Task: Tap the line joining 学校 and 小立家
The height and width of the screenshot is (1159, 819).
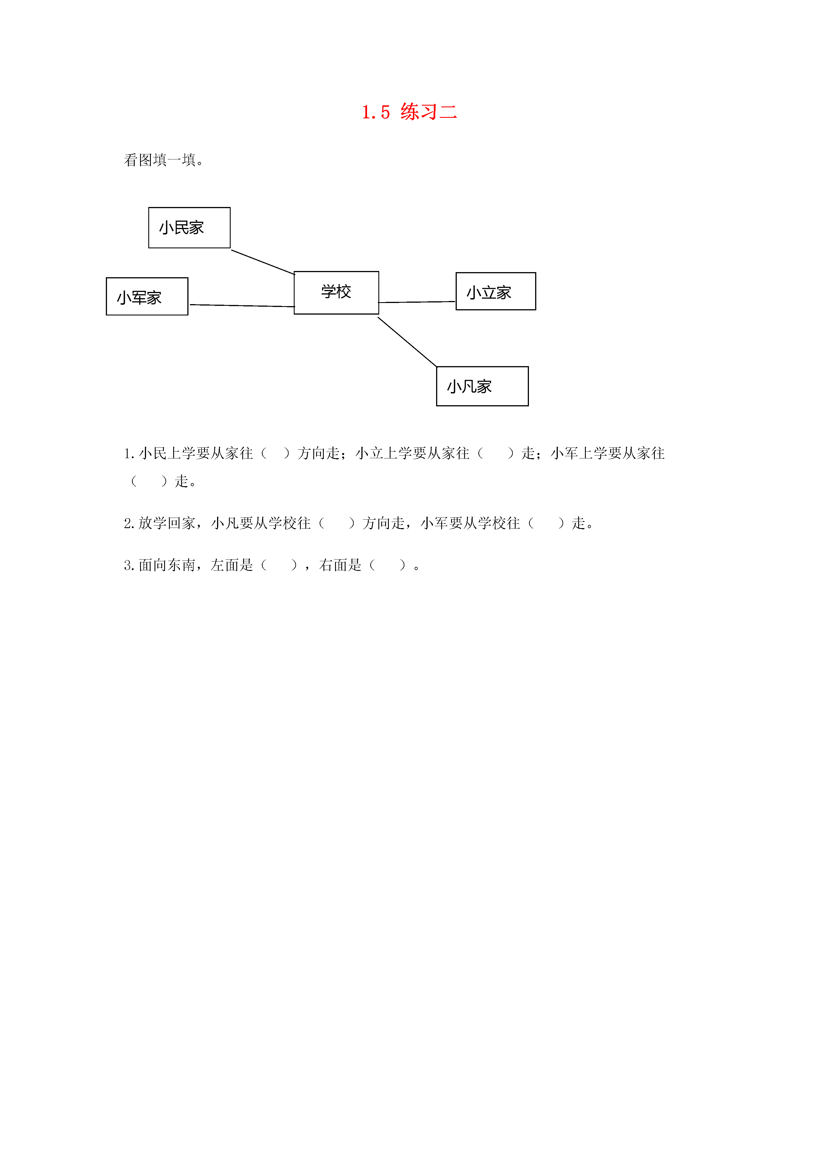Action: coord(417,302)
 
